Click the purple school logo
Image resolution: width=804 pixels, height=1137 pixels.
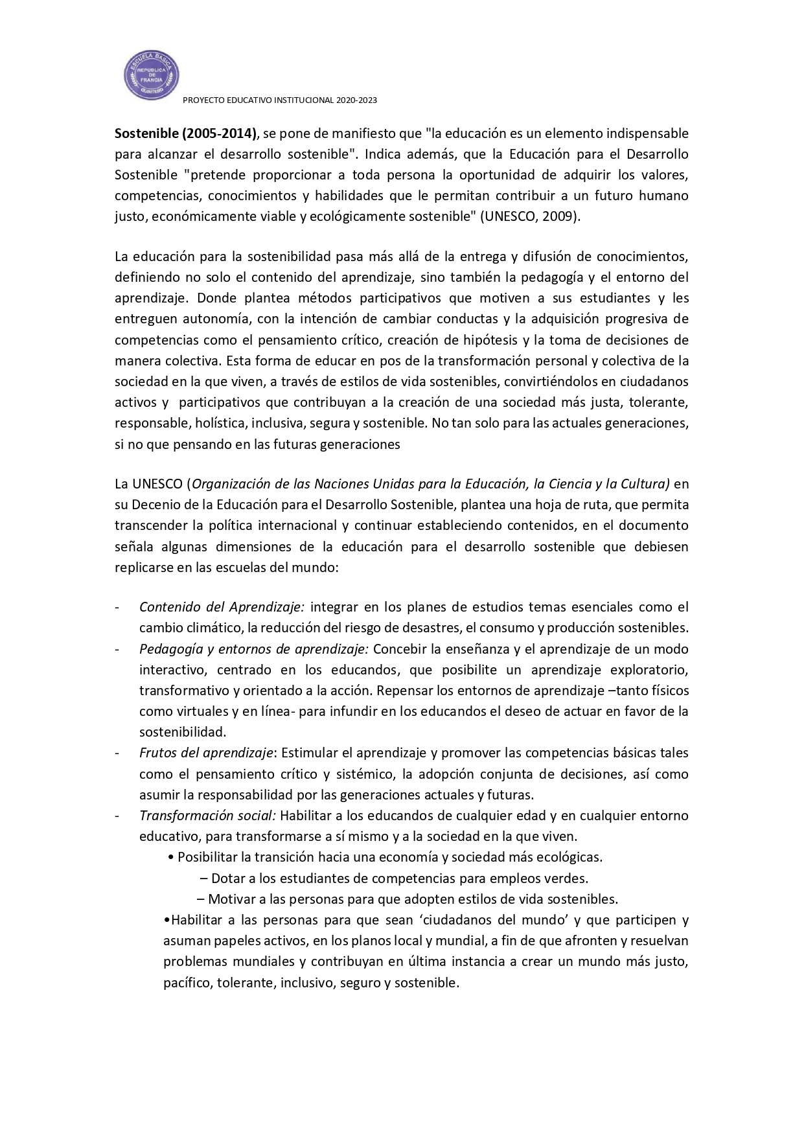[x=152, y=75]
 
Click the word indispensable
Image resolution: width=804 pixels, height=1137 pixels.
[x=647, y=133]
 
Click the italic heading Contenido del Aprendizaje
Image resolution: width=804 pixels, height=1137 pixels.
[x=222, y=607]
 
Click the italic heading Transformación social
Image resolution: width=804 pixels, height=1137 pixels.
[x=207, y=815]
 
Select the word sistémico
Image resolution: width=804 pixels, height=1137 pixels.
[x=365, y=774]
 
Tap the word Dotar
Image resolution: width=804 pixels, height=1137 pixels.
[x=227, y=879]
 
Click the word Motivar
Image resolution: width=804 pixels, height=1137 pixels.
[x=229, y=899]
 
